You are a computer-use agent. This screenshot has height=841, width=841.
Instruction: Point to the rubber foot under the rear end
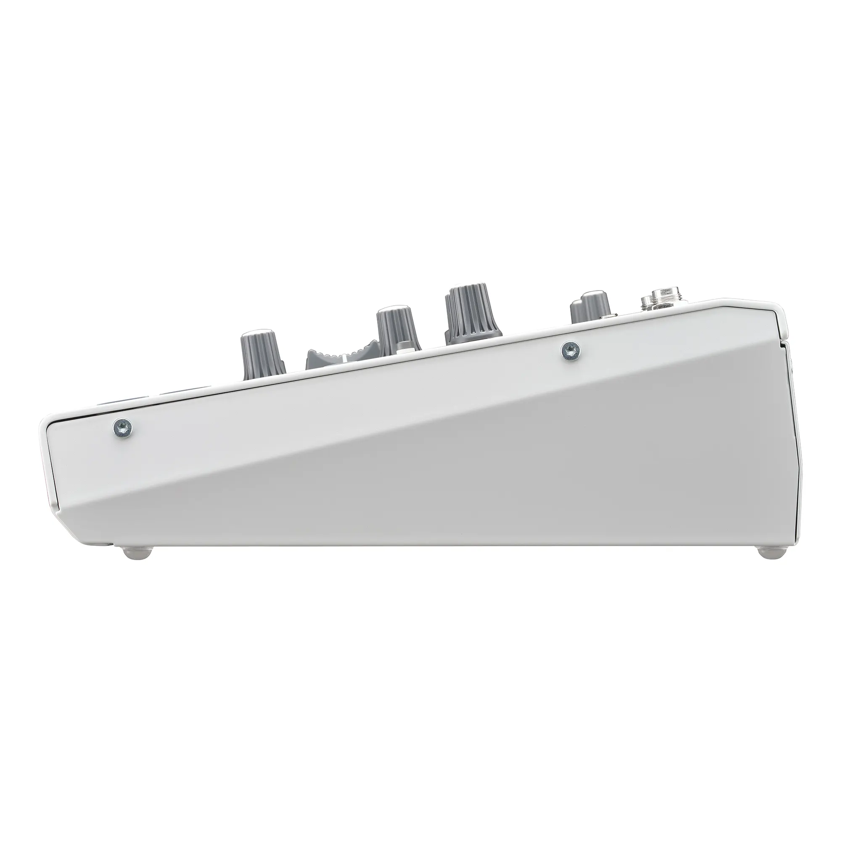tap(770, 553)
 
